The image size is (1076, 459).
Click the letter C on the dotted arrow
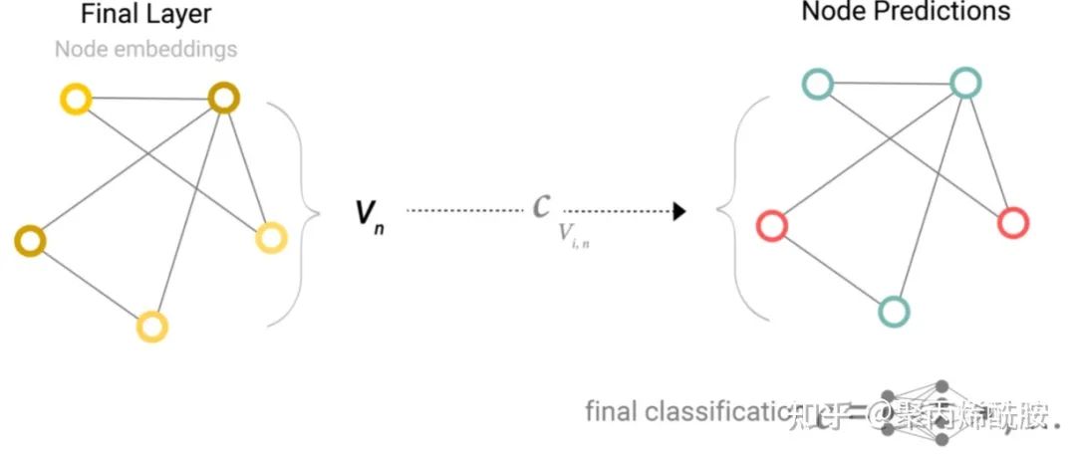[x=542, y=206]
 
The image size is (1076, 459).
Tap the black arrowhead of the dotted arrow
[x=678, y=211]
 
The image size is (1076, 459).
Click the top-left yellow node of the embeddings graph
[x=76, y=99]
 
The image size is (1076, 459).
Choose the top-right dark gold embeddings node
[x=224, y=97]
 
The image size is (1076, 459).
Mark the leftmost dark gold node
[x=30, y=240]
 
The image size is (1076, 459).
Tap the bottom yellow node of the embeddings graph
[x=152, y=325]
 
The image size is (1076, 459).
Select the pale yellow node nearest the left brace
[x=271, y=237]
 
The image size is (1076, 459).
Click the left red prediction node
[x=771, y=226]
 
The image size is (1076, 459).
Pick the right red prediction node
[x=1012, y=222]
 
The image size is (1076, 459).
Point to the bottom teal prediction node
[x=894, y=311]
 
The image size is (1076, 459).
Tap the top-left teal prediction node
[x=818, y=85]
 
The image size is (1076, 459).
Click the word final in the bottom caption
[x=610, y=410]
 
